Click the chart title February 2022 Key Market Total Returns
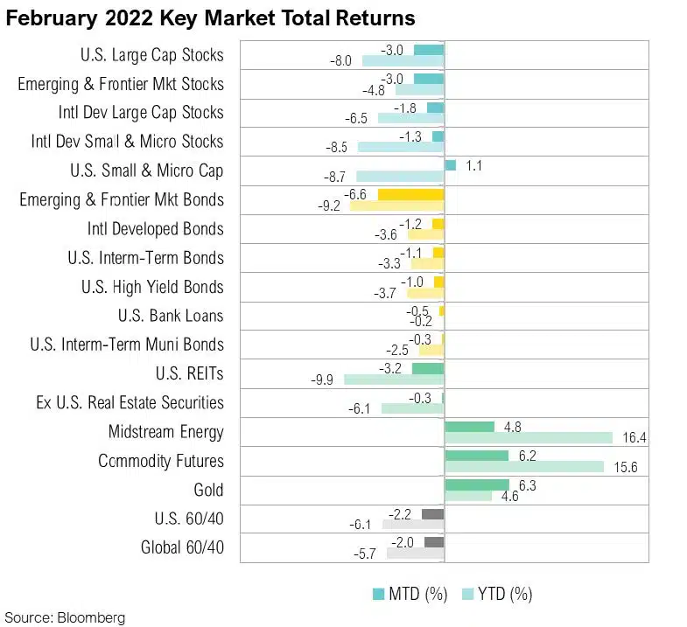coord(210,17)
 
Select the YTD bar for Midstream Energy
coord(529,437)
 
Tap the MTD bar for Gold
coord(477,484)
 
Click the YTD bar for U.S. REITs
coord(394,380)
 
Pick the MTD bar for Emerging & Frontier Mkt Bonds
coord(410,194)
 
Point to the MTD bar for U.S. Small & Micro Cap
coord(451,164)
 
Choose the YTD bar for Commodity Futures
coord(524,466)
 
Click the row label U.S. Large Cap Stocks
coord(151,55)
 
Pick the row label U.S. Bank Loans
coord(170,316)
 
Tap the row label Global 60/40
coord(182,548)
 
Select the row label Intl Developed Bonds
coord(155,229)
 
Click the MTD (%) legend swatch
coord(379,595)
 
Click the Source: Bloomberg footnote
coord(66,617)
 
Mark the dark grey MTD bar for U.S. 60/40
coord(432,513)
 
